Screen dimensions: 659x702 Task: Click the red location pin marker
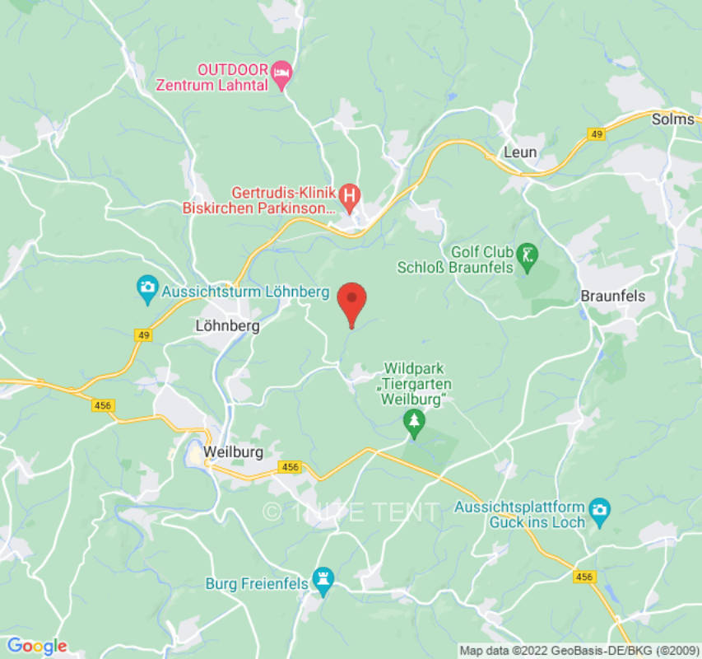tap(352, 301)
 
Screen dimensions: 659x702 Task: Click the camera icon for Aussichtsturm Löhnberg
tap(148, 287)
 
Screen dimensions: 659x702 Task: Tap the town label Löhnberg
tap(227, 326)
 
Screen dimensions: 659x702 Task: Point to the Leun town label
tap(520, 152)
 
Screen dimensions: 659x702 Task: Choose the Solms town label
tap(673, 119)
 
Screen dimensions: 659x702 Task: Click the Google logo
tap(36, 647)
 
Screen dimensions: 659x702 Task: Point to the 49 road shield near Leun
tap(595, 133)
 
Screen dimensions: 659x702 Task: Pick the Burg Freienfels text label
tap(256, 585)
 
